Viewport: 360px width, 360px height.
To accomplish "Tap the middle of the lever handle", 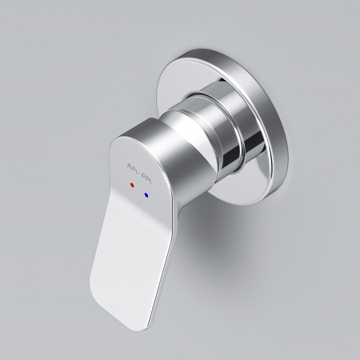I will coord(128,232).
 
